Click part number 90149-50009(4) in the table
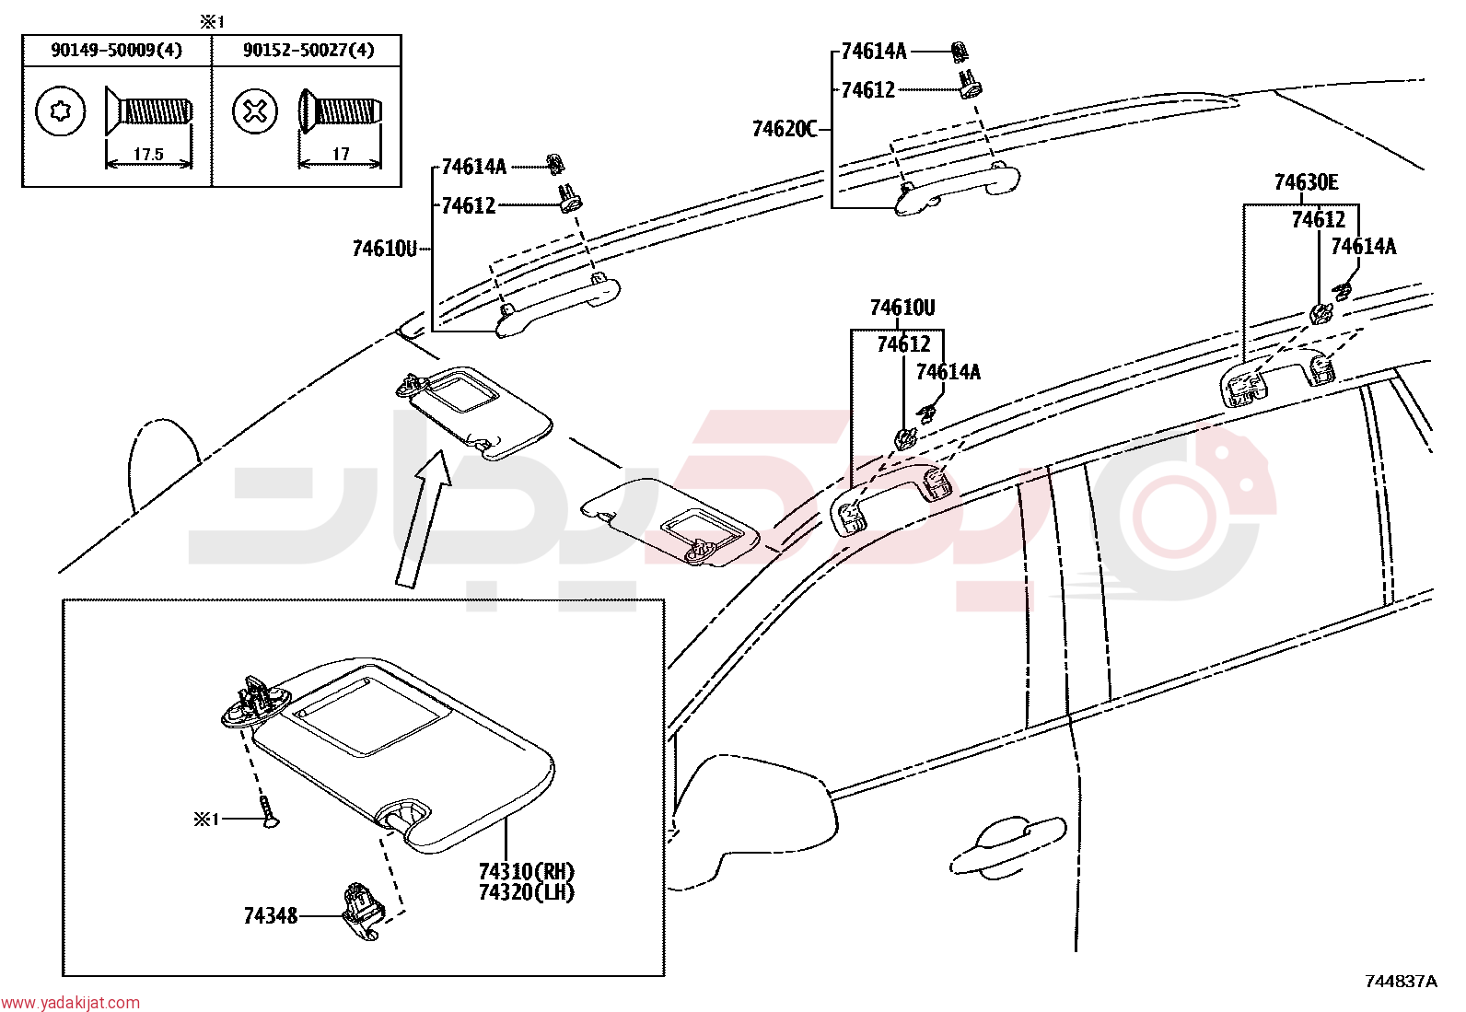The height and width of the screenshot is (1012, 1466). point(117,50)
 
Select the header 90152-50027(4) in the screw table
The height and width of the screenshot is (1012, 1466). point(308,50)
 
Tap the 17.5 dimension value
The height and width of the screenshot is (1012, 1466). point(148,155)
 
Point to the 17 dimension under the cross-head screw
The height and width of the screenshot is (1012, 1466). point(341,154)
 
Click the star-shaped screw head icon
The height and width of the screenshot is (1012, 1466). point(60,111)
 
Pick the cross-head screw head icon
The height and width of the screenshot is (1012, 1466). point(254,111)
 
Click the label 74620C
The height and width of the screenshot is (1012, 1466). point(784,130)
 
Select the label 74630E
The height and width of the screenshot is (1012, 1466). point(1306,182)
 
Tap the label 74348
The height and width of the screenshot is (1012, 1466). point(271,916)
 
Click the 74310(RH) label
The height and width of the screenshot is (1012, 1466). point(526,872)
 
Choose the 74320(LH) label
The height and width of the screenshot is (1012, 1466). point(526,892)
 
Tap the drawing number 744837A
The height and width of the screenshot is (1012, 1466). point(1401,982)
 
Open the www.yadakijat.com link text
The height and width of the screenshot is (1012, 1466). point(70,1002)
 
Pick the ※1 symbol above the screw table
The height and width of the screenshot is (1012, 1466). point(212,22)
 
